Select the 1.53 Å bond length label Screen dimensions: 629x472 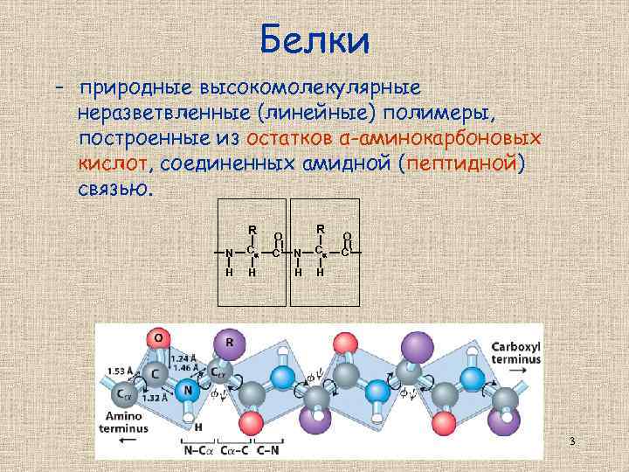120,371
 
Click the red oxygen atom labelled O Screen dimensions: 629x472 158,337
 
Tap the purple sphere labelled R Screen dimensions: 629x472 229,343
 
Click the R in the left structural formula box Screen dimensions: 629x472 252,231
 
